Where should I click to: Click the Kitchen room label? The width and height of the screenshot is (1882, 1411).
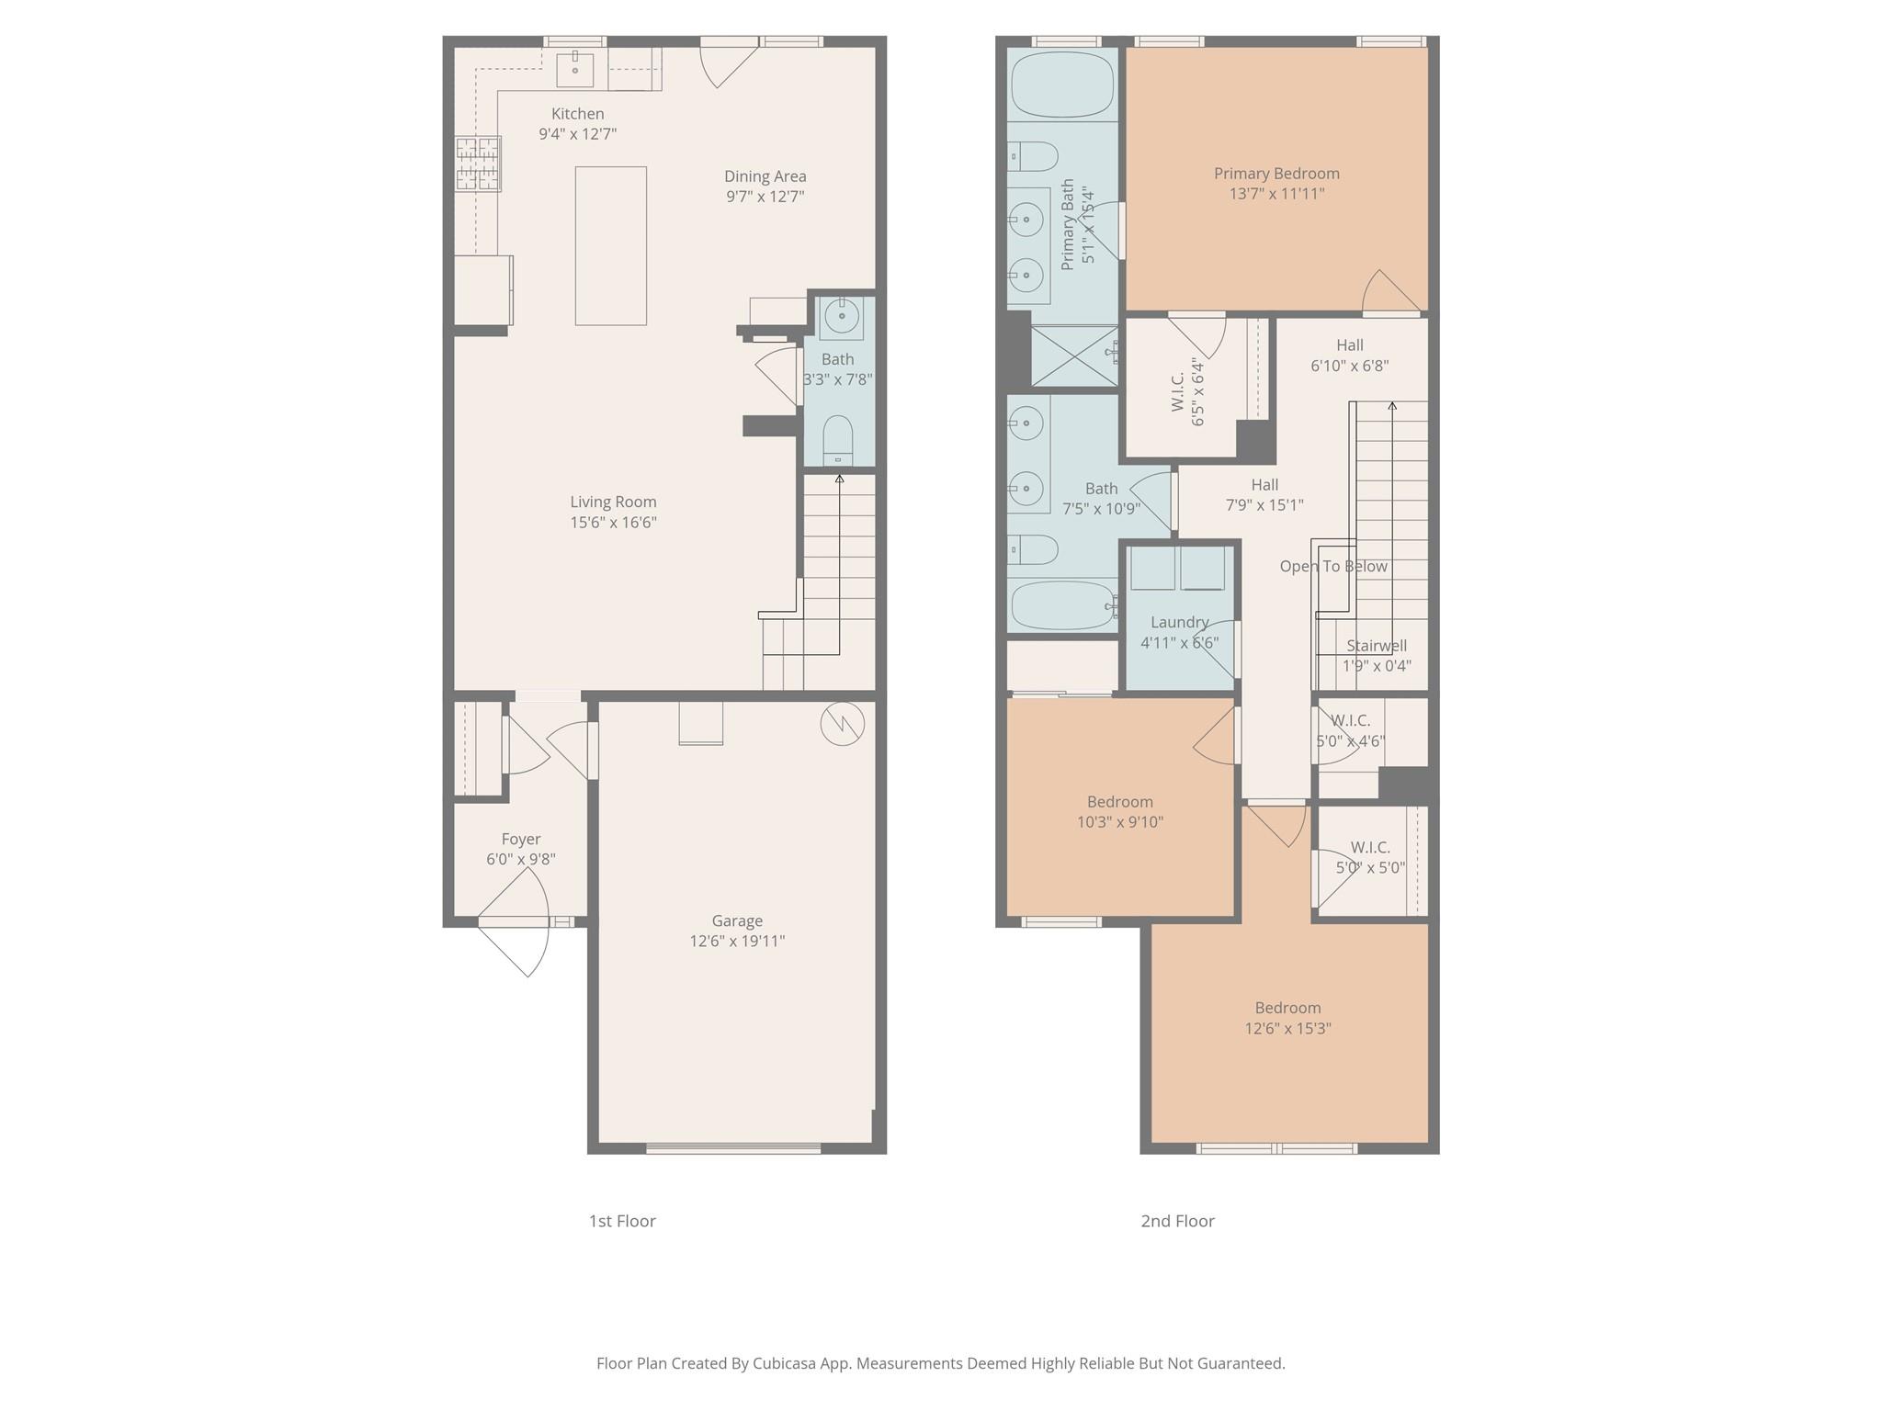[x=577, y=114]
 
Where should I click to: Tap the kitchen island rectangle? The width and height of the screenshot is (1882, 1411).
[x=610, y=245]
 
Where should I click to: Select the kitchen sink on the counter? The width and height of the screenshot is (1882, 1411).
[x=575, y=69]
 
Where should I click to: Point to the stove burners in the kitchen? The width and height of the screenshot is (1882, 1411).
[x=478, y=164]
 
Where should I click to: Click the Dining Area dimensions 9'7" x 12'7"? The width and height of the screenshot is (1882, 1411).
[x=765, y=197]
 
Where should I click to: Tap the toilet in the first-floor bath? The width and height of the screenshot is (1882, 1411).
[x=837, y=442]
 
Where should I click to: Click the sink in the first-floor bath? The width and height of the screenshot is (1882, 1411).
[x=841, y=318]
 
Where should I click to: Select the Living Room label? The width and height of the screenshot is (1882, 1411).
[x=613, y=502]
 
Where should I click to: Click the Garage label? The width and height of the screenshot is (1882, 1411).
[x=737, y=920]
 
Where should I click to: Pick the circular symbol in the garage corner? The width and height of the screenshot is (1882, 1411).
[x=842, y=723]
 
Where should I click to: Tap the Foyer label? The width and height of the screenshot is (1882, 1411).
[x=520, y=839]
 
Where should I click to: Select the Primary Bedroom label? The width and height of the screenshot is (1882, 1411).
[x=1275, y=174]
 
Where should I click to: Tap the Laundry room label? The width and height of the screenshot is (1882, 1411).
[x=1179, y=622]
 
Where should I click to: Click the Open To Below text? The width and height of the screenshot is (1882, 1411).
[x=1332, y=567]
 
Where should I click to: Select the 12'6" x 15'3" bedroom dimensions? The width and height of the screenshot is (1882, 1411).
[x=1287, y=1029]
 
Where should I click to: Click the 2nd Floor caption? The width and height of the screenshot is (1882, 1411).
[x=1177, y=1221]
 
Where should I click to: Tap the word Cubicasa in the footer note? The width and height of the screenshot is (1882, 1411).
[x=785, y=1363]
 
